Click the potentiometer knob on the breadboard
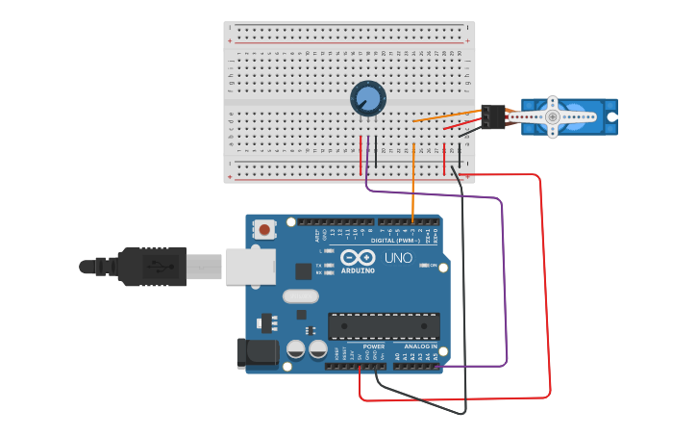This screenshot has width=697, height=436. (x=367, y=98)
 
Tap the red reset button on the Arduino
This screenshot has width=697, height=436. (x=263, y=229)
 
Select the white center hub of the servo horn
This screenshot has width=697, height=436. (x=552, y=116)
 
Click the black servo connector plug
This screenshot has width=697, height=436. (x=494, y=116)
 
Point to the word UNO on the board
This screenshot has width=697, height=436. (x=399, y=258)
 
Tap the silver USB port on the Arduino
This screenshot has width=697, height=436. (x=250, y=267)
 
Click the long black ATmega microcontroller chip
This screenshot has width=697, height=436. (x=384, y=326)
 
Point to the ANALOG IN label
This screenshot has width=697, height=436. (x=420, y=346)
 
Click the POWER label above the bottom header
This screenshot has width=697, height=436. (x=374, y=346)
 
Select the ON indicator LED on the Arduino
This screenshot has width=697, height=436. (x=423, y=266)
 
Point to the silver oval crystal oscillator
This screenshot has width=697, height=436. (x=300, y=296)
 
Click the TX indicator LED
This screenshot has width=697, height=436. (x=330, y=265)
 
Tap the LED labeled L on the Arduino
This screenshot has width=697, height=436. (x=330, y=251)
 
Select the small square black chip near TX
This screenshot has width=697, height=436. (x=303, y=271)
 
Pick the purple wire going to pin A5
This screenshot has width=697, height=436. (x=504, y=289)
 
